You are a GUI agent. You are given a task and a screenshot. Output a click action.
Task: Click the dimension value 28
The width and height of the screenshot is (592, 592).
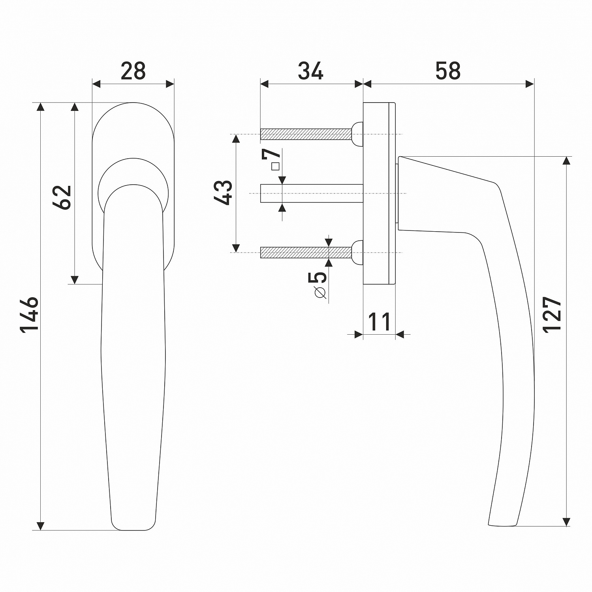pos(133,71)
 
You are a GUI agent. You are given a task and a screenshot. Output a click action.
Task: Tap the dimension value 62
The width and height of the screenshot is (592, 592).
pos(62,197)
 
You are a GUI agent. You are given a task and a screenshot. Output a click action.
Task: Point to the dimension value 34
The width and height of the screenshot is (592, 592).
pos(310,71)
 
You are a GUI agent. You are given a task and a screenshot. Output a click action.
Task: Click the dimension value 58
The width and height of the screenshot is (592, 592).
pos(448,71)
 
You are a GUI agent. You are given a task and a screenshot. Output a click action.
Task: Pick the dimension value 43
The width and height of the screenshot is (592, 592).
pos(224,192)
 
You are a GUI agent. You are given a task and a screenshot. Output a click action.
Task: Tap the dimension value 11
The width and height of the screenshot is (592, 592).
pos(379,322)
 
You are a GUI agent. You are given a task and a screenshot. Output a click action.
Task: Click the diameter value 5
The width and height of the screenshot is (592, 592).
pos(320,277)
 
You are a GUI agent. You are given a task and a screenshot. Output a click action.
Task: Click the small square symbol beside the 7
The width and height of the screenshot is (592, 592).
pos(275,166)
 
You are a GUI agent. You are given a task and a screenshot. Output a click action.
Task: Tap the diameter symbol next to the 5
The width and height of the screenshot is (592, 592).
pos(321,293)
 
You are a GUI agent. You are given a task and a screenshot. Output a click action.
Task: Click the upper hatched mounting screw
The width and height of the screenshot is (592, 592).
pos(306,134)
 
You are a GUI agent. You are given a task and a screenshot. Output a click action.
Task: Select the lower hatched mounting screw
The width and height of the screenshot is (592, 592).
pos(306,252)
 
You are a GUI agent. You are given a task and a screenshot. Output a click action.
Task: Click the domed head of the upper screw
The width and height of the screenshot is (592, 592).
pos(357,134)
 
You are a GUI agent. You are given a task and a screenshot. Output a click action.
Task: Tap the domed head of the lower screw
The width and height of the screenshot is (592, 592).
pos(357,252)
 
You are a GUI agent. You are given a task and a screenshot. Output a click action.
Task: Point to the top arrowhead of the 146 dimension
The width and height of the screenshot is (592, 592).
pos(40,107)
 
